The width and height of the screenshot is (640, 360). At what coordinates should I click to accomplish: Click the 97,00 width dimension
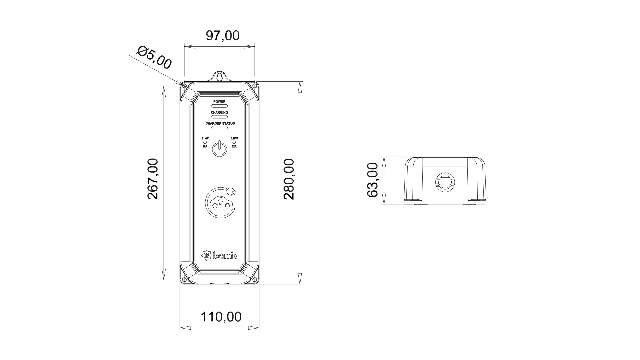tap(222, 35)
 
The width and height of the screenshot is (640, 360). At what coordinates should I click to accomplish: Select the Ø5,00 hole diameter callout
tap(154, 57)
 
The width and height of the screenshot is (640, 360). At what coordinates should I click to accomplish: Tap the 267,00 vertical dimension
tap(153, 179)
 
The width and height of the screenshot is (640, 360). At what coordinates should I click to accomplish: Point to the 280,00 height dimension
tap(289, 179)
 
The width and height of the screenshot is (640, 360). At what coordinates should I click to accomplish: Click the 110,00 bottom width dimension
tap(221, 317)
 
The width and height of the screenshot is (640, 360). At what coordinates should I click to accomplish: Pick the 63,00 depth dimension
tap(372, 180)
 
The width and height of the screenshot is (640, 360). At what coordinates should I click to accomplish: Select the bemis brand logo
tap(220, 256)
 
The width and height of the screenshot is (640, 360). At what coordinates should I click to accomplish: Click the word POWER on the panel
tap(220, 102)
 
